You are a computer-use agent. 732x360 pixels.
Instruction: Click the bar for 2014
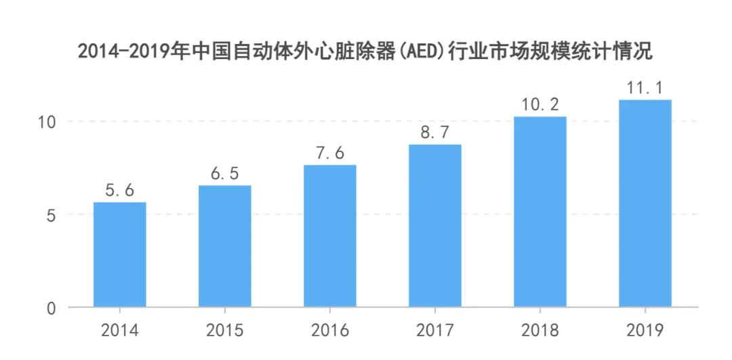pyautogui.click(x=120, y=255)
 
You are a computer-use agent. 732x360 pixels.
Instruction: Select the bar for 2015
pyautogui.click(x=225, y=246)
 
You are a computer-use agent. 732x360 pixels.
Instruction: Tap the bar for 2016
pyautogui.click(x=330, y=236)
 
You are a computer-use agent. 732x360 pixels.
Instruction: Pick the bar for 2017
pyautogui.click(x=435, y=226)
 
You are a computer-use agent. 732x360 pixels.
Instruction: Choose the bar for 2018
pyautogui.click(x=540, y=212)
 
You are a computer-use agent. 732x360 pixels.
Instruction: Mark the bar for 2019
pyautogui.click(x=645, y=203)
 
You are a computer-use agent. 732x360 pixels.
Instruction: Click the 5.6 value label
pyautogui.click(x=120, y=191)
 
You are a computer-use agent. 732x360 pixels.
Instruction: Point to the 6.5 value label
pyautogui.click(x=225, y=174)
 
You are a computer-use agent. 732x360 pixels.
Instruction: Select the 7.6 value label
pyautogui.click(x=330, y=154)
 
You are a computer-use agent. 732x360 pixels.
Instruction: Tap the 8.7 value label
pyautogui.click(x=435, y=134)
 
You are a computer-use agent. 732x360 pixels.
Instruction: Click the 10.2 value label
pyautogui.click(x=540, y=106)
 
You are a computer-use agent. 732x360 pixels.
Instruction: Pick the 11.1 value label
pyautogui.click(x=645, y=89)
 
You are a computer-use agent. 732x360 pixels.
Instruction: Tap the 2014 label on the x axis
pyautogui.click(x=120, y=331)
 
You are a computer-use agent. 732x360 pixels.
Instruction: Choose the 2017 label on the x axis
pyautogui.click(x=435, y=331)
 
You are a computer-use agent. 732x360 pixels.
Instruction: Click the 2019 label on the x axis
pyautogui.click(x=645, y=331)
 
